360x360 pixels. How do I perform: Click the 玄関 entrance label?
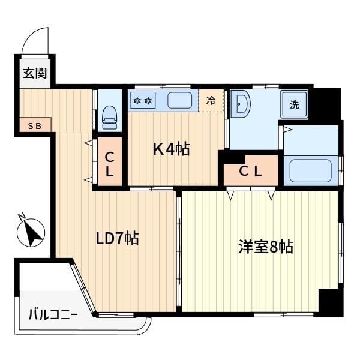click(35, 73)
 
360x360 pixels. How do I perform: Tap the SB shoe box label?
click(35, 126)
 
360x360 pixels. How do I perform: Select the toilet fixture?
click(110, 118)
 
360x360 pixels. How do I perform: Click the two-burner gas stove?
click(143, 100)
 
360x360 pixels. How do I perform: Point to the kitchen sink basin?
click(179, 100)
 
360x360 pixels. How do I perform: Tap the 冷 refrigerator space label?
click(211, 101)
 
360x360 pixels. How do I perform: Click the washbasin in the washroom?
click(240, 104)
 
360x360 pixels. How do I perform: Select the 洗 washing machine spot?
click(295, 104)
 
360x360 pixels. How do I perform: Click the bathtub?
click(311, 170)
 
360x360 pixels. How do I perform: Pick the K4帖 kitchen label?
click(171, 149)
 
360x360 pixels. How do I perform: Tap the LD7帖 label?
click(117, 238)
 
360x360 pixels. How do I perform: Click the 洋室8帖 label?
click(266, 247)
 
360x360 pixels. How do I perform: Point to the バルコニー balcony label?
click(53, 314)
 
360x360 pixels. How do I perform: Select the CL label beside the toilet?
click(110, 164)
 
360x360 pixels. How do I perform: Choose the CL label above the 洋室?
click(250, 171)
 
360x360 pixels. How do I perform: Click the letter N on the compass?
click(22, 216)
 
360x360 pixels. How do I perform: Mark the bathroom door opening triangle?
click(288, 130)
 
